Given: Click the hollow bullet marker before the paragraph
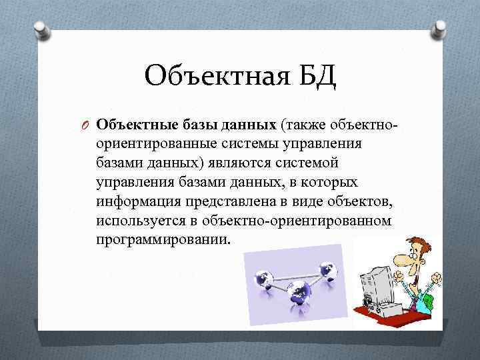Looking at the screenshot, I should [x=85, y=126].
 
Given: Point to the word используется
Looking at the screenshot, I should [x=141, y=220].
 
